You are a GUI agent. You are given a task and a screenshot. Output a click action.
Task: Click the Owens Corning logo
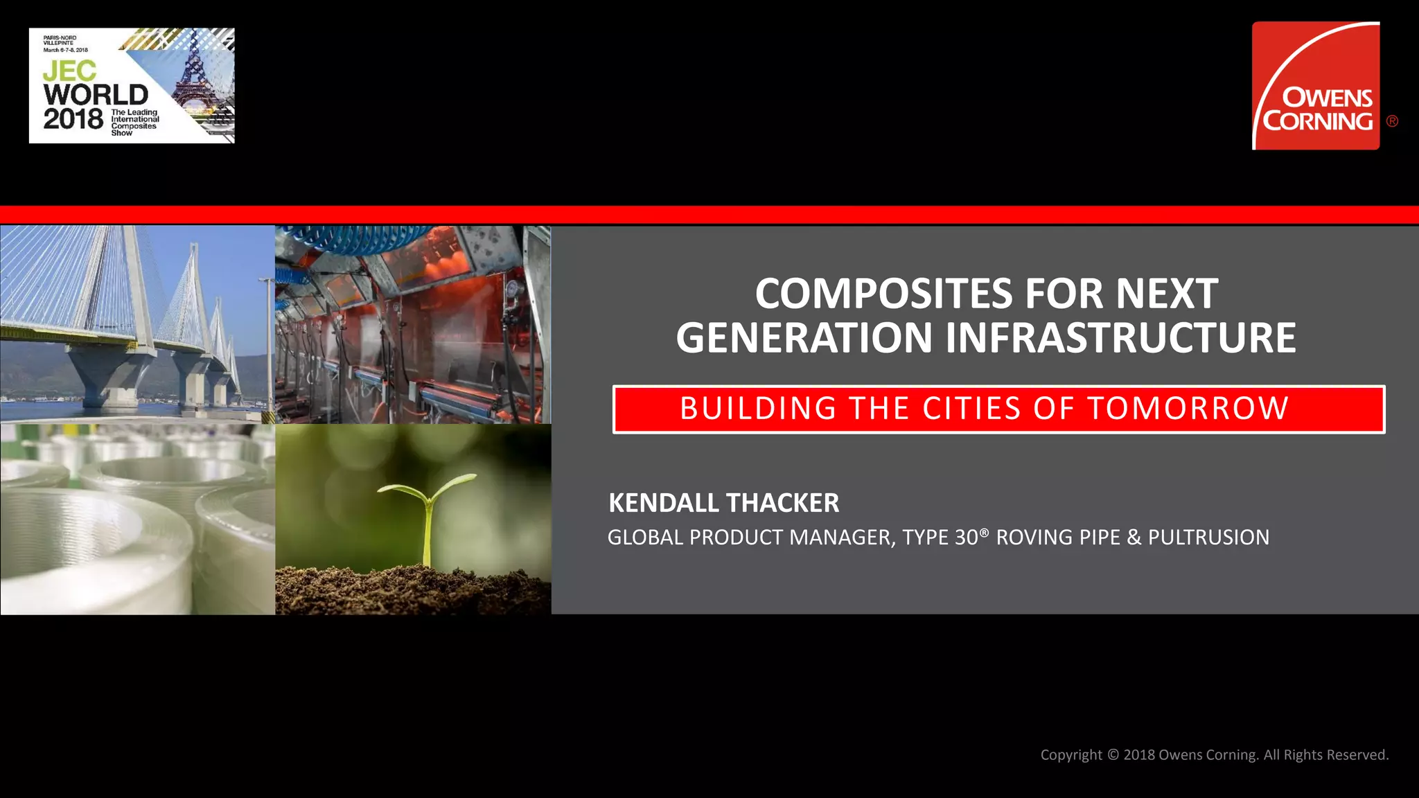[x=1316, y=86]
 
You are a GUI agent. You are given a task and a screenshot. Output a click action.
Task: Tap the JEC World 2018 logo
[x=132, y=86]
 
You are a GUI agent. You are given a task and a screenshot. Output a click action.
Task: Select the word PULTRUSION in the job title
[x=1208, y=538]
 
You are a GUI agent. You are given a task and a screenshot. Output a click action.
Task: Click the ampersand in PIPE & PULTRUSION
[x=1134, y=538]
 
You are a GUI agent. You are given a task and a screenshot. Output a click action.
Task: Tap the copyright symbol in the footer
[x=1113, y=755]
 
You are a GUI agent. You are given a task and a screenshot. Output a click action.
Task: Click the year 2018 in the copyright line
[x=1139, y=755]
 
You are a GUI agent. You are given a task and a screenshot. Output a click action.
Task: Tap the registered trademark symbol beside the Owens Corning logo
[x=1392, y=121]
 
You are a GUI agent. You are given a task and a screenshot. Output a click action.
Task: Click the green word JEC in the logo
[x=69, y=71]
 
